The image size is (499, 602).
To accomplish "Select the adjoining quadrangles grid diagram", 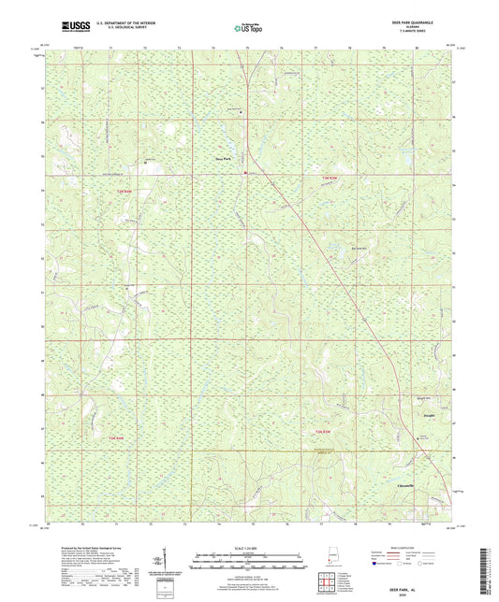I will click(324, 577).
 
